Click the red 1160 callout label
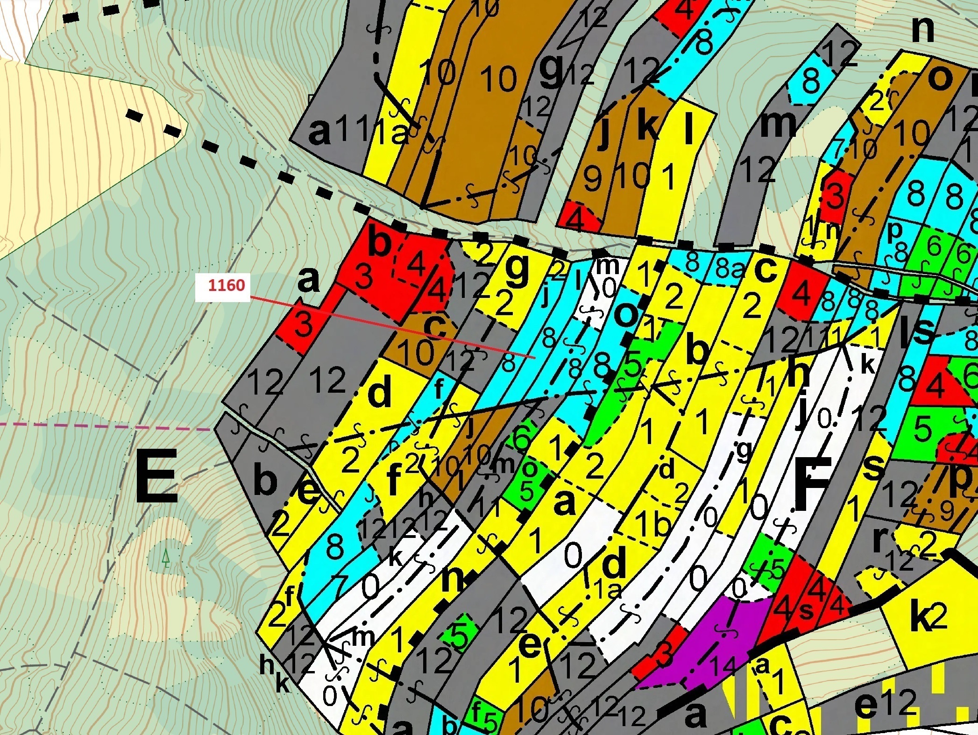pos(226,285)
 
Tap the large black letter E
pos(156,476)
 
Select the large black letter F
pos(813,483)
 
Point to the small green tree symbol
pos(165,558)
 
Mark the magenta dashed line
pos(93,426)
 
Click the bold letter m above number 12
pos(778,124)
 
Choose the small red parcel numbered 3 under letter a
pos(303,324)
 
